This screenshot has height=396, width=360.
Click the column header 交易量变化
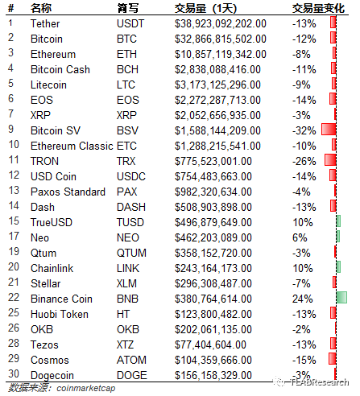[318, 8]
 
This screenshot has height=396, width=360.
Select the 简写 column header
[128, 8]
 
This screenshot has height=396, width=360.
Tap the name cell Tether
[45, 23]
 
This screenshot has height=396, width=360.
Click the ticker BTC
[126, 39]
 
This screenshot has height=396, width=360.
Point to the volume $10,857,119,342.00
[221, 54]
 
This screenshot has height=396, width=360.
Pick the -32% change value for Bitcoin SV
[304, 130]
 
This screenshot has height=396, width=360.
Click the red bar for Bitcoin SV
[329, 130]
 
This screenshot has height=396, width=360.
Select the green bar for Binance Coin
[341, 298]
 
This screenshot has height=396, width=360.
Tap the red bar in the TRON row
[330, 160]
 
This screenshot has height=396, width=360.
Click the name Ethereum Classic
[72, 146]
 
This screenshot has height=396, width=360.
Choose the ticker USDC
[131, 176]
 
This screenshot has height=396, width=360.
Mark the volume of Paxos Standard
[213, 192]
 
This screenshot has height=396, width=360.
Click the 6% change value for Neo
[300, 237]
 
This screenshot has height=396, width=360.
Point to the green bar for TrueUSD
[338, 221]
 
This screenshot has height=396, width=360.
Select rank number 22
[14, 298]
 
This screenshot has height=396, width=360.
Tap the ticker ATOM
[131, 360]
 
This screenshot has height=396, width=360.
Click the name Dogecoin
[52, 375]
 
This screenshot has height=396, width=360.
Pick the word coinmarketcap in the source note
[86, 388]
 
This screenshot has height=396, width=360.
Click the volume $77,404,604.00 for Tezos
[210, 344]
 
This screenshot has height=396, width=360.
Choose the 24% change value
[303, 299]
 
